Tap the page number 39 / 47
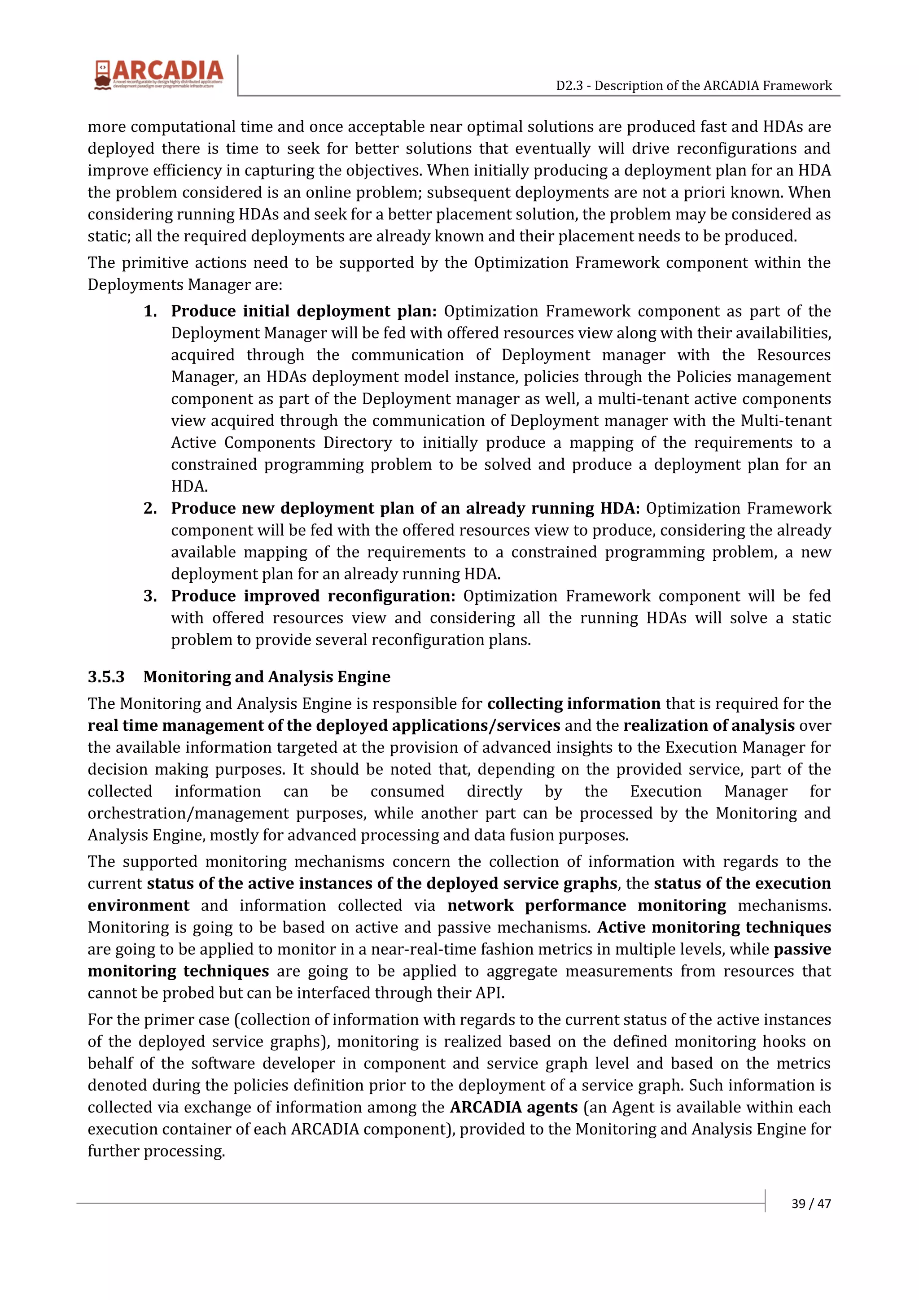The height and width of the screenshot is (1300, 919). click(x=811, y=1203)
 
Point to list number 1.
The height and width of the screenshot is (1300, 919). click(x=150, y=311)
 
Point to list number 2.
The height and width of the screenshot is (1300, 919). click(x=150, y=508)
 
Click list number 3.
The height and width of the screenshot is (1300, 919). click(x=150, y=596)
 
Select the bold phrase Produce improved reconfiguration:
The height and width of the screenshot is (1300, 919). click(x=313, y=596)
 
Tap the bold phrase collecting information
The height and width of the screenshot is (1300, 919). click(x=573, y=703)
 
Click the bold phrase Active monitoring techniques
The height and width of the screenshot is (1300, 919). click(x=714, y=927)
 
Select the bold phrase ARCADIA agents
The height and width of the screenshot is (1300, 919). click(x=514, y=1107)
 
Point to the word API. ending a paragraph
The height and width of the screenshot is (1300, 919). click(x=491, y=993)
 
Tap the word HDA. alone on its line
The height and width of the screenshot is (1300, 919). click(x=189, y=486)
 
